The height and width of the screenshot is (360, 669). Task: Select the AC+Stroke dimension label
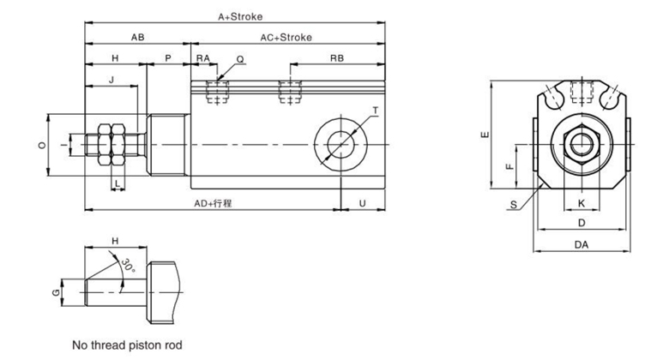(x=286, y=38)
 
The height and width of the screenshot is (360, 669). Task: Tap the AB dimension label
(x=137, y=38)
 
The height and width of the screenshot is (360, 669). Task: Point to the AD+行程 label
(x=214, y=204)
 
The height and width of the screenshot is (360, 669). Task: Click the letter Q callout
(x=240, y=59)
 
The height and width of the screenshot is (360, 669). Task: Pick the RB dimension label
(x=337, y=58)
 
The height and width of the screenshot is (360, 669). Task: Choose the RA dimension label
(x=202, y=58)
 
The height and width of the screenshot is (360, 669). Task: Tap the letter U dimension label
(x=363, y=204)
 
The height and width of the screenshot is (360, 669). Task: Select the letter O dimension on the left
(x=42, y=146)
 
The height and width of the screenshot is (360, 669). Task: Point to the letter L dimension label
(x=116, y=183)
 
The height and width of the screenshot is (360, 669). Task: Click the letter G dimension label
(x=56, y=292)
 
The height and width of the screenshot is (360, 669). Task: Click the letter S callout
(x=513, y=204)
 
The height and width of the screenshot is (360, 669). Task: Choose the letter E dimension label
(x=485, y=135)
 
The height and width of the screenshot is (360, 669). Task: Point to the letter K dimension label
(x=582, y=203)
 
